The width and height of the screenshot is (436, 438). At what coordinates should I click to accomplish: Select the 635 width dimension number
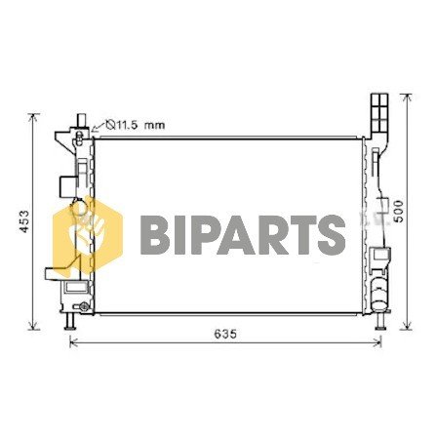(x=226, y=335)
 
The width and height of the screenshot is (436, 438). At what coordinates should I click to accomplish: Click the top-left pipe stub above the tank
(x=76, y=120)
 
